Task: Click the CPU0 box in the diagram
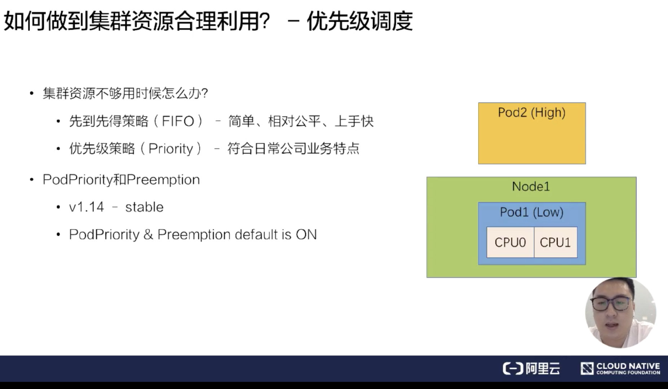[510, 242]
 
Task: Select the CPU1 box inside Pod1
[556, 242]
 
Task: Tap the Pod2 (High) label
[532, 112]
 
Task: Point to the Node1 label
[531, 186]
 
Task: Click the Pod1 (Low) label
[532, 212]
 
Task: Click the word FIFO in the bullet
[178, 121]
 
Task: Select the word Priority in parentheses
[171, 149]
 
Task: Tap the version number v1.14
[87, 207]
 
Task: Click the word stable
[144, 207]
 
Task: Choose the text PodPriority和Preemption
[121, 180]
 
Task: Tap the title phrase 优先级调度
[360, 21]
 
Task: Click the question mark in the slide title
[264, 21]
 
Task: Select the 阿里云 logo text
[542, 368]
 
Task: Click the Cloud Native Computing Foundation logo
[620, 368]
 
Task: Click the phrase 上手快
[354, 121]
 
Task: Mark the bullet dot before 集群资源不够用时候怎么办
[32, 94]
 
